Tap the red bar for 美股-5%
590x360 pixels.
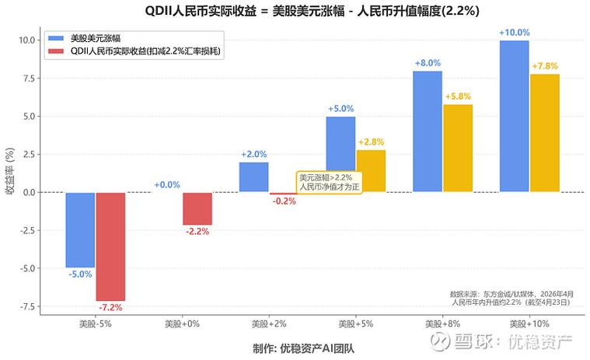[110, 246]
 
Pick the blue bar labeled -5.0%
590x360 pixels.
[80, 229]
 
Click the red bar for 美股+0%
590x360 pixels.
[197, 208]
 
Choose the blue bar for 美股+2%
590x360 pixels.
[253, 177]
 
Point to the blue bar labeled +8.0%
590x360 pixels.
[427, 131]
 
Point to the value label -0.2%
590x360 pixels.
[284, 201]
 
